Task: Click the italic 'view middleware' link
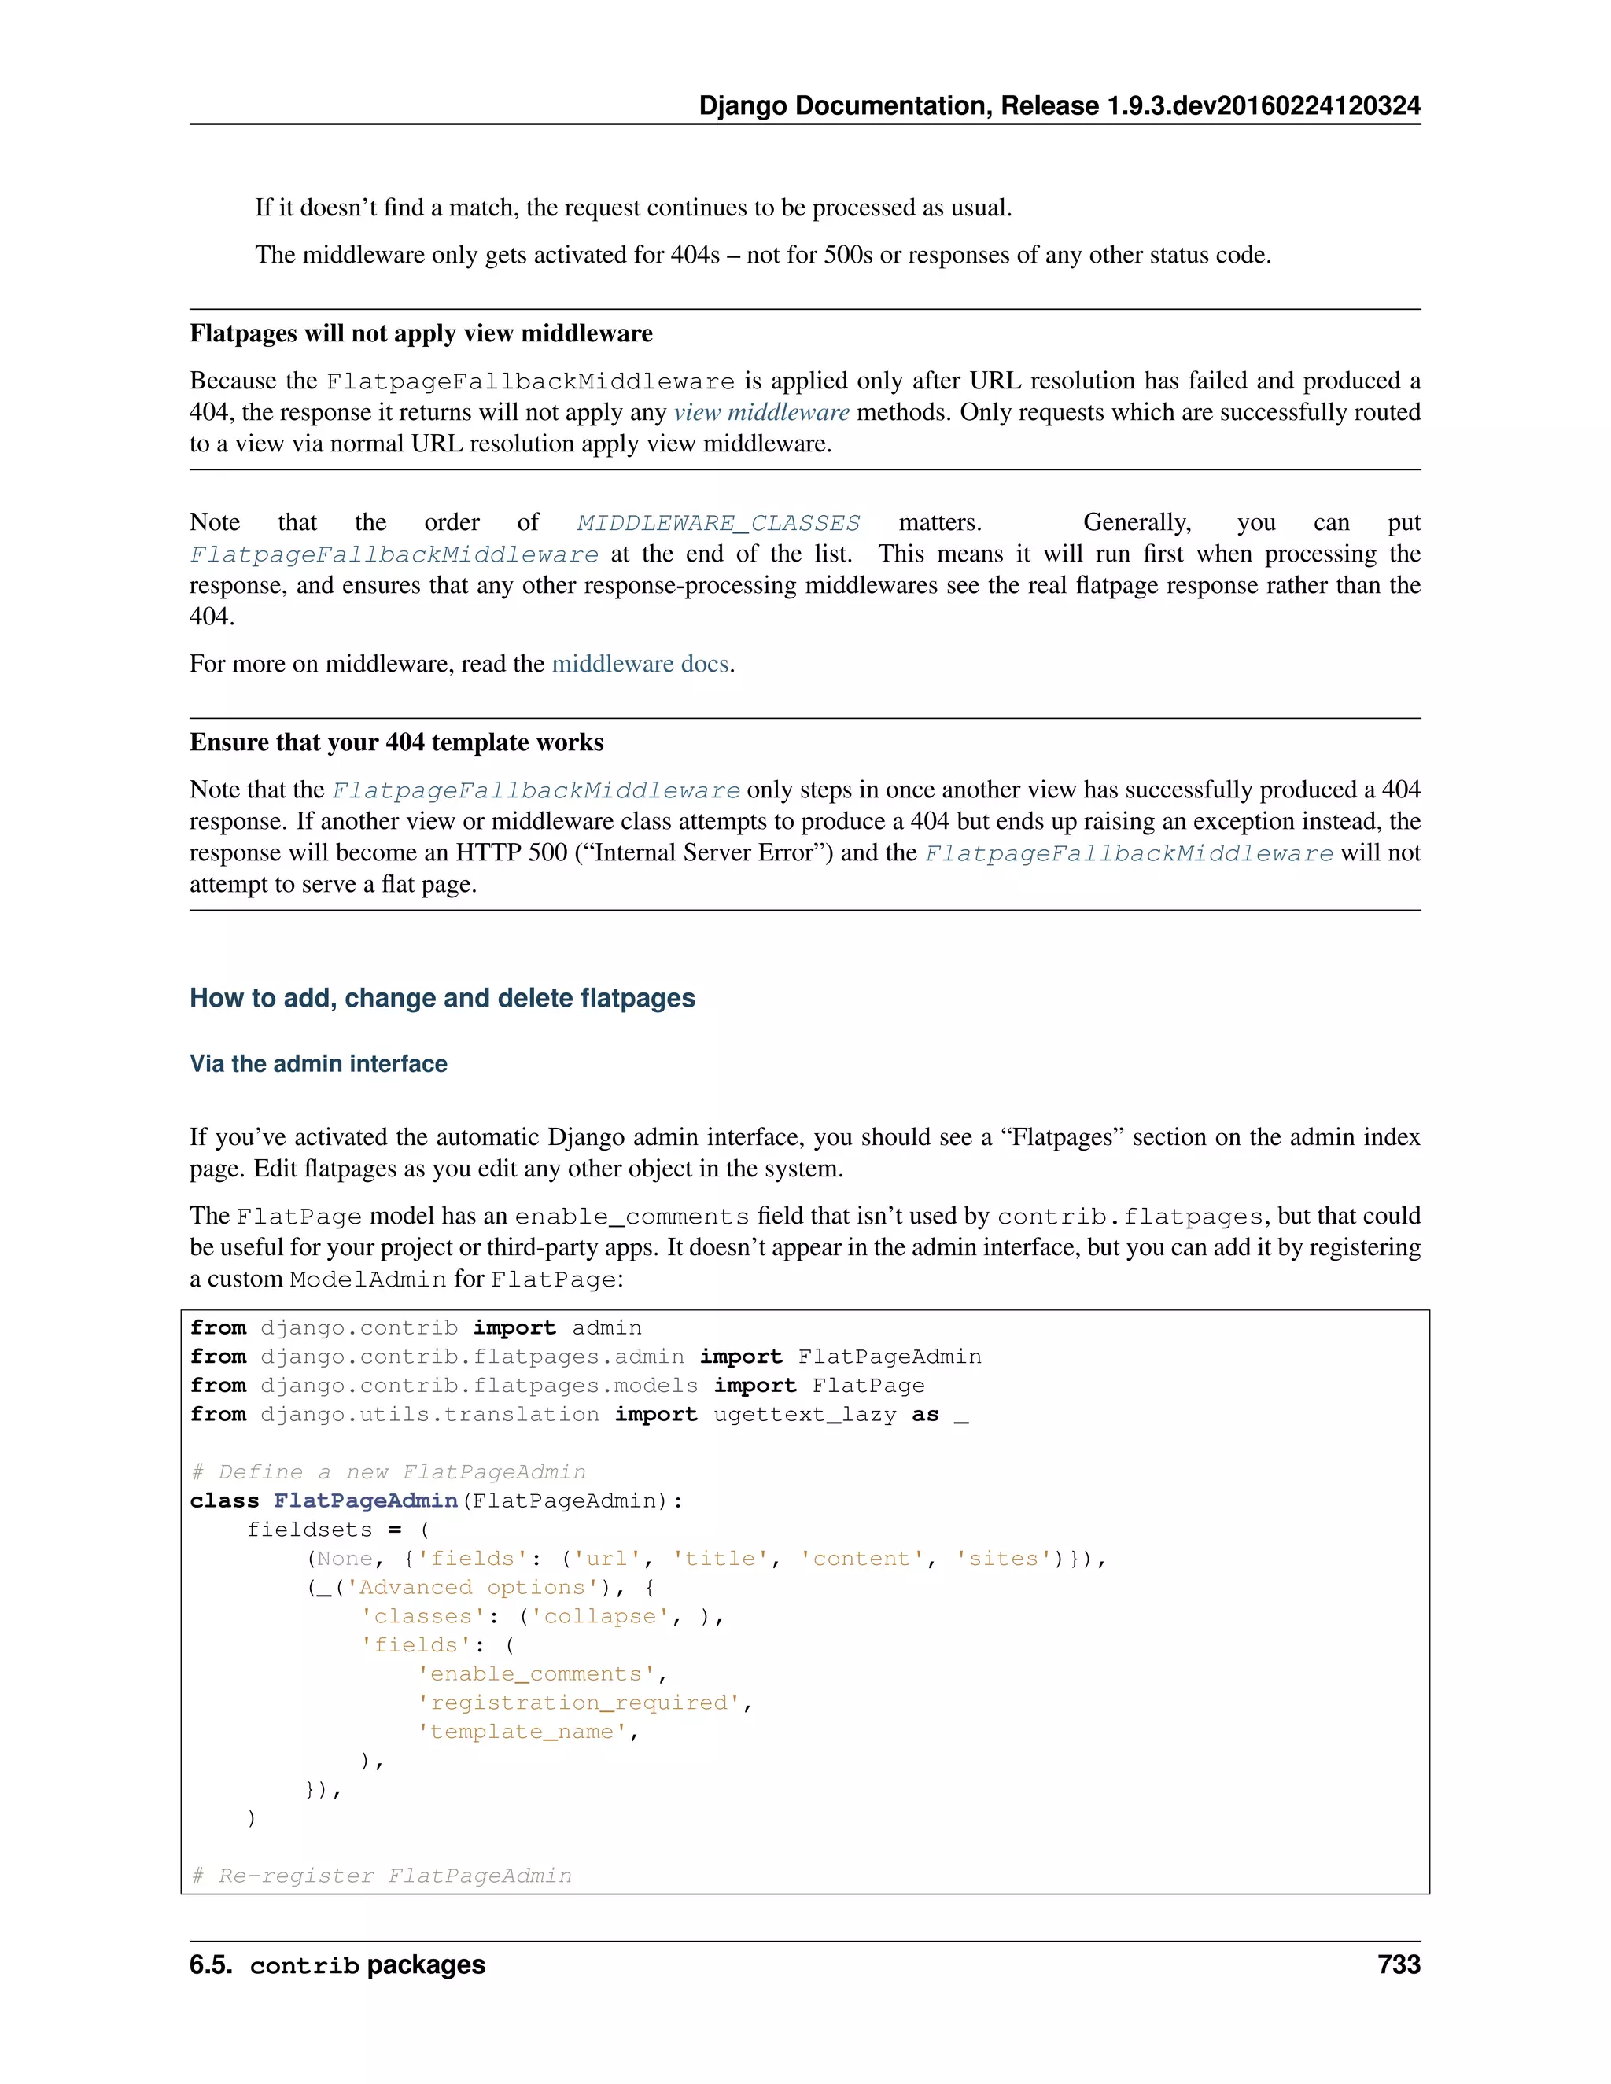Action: (761, 412)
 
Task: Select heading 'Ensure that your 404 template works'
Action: (396, 742)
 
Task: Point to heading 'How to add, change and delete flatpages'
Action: (442, 998)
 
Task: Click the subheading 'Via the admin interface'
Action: (318, 1064)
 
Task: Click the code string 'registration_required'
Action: (579, 1703)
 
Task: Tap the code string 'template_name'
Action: (522, 1731)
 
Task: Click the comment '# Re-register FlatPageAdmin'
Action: (382, 1875)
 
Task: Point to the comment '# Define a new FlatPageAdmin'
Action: (389, 1471)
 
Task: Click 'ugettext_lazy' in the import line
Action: (805, 1414)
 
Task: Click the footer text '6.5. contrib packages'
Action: (337, 1964)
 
